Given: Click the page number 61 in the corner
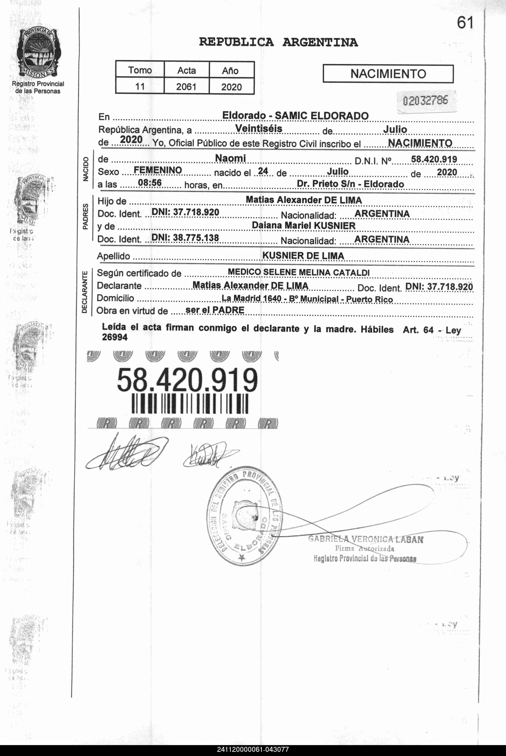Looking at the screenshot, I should pyautogui.click(x=465, y=23).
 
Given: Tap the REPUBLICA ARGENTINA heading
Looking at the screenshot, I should pyautogui.click(x=278, y=42).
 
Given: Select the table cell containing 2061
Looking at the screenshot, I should pyautogui.click(x=186, y=87).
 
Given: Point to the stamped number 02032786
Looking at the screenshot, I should pyautogui.click(x=425, y=101).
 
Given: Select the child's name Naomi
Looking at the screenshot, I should pyautogui.click(x=230, y=158).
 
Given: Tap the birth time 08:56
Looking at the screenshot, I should pyautogui.click(x=150, y=183).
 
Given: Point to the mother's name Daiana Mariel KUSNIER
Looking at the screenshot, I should pyautogui.click(x=303, y=225).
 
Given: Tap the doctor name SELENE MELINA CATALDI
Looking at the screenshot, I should pyautogui.click(x=316, y=272).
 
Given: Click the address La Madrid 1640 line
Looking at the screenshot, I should pyautogui.click(x=307, y=299).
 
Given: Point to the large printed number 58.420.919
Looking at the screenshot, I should pyautogui.click(x=187, y=380).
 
